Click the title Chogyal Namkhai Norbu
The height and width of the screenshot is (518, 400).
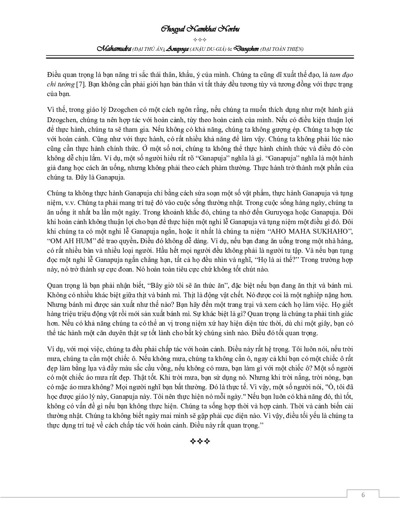[x=200, y=29]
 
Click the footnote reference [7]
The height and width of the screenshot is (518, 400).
[x=81, y=84]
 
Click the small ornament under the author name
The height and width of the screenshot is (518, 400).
[x=200, y=39]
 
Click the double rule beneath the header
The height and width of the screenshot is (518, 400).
[x=200, y=57]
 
